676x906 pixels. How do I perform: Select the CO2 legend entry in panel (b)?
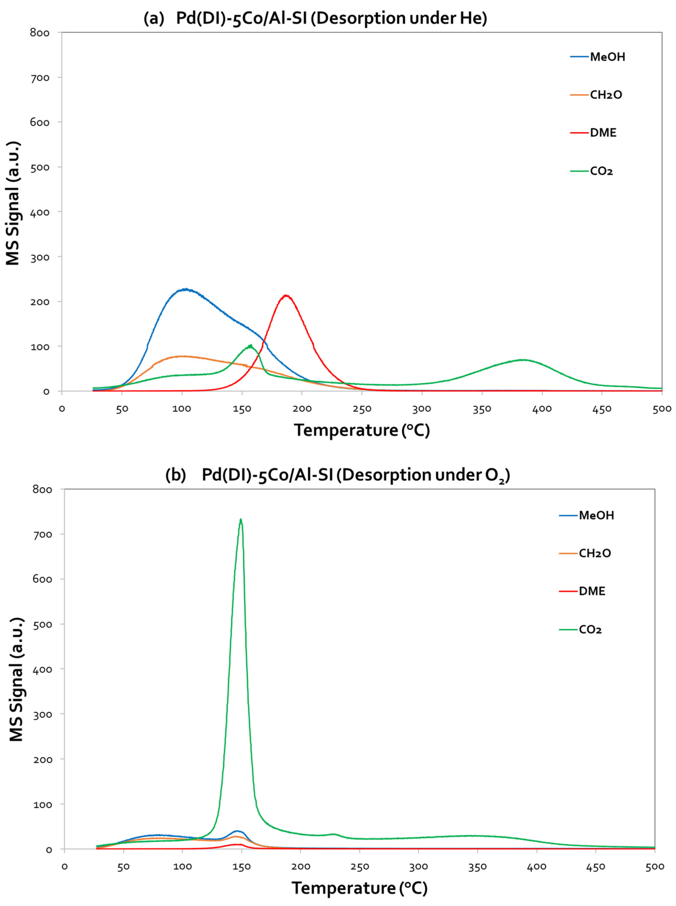coord(590,630)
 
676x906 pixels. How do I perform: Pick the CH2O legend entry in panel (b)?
coord(595,553)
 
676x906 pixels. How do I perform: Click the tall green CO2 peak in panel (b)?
coord(241,520)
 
